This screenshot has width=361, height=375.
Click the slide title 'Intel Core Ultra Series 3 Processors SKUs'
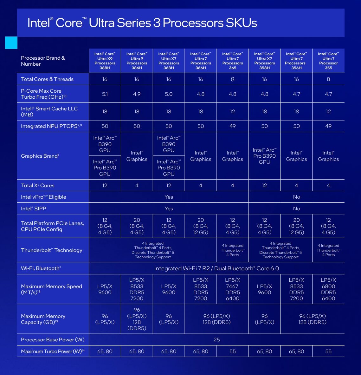142,23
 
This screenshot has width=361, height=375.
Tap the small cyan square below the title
11,43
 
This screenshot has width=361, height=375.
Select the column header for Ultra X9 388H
105,61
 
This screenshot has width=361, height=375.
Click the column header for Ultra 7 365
233,61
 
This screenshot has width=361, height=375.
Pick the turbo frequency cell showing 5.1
105,94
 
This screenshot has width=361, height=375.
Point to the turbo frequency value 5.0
169,94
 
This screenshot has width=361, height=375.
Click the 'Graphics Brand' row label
40,156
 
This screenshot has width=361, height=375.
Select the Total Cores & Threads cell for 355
328,79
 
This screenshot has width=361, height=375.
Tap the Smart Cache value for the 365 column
233,111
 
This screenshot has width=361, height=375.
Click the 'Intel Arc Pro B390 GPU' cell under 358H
265,156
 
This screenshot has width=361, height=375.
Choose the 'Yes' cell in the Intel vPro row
169,197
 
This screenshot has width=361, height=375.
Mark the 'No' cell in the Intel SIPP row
296,209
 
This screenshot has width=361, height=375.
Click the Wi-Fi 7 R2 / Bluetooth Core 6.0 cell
216,268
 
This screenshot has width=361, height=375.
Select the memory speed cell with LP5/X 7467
233,289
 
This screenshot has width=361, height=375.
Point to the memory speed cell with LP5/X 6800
328,289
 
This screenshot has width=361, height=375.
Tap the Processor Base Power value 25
216,339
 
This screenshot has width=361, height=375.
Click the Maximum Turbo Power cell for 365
233,351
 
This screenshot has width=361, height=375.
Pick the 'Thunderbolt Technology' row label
52,250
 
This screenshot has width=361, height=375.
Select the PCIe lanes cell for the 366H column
201,226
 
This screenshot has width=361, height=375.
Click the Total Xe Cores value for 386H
137,185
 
